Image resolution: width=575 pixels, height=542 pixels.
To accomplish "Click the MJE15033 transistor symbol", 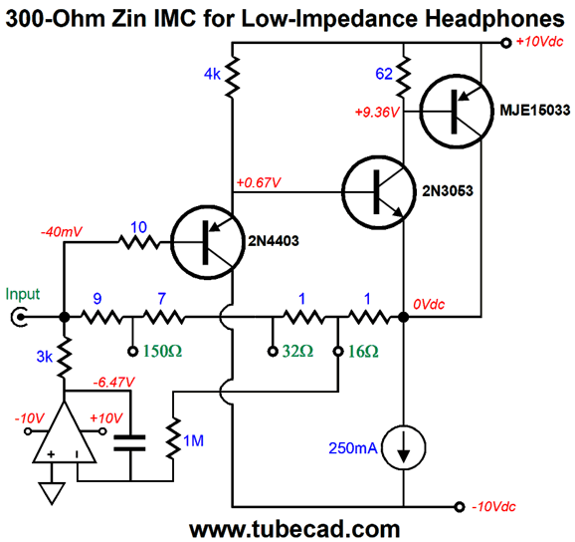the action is [457, 112].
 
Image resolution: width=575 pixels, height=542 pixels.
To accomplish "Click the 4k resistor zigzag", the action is [232, 77].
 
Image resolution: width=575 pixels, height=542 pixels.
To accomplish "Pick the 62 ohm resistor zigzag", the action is [403, 77].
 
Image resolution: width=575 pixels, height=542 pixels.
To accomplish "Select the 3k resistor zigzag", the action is [65, 357].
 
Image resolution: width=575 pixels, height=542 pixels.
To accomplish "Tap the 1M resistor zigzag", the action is [173, 437].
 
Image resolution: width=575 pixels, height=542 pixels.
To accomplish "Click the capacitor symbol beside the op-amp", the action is [129, 442].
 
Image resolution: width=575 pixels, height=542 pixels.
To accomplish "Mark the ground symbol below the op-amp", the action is [52, 493].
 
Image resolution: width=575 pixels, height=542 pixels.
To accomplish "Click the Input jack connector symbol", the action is [19, 317].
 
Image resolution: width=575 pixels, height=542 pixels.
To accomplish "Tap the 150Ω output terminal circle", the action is [132, 352].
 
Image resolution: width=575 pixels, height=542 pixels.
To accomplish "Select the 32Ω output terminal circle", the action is [273, 352].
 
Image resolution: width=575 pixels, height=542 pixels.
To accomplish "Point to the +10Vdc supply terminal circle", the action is [506, 43].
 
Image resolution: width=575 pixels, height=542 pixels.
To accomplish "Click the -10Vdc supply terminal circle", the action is [460, 507].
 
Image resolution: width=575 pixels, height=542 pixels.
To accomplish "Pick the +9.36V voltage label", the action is [377, 112].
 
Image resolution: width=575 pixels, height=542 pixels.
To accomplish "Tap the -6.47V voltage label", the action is [114, 383].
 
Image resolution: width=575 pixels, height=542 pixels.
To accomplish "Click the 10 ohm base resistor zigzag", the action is [139, 242].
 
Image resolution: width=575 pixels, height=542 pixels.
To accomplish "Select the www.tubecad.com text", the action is [294, 529].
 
